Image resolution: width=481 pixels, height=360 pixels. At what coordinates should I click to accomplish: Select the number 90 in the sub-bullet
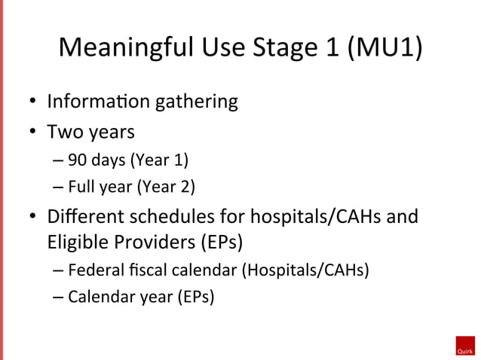point(76,160)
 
